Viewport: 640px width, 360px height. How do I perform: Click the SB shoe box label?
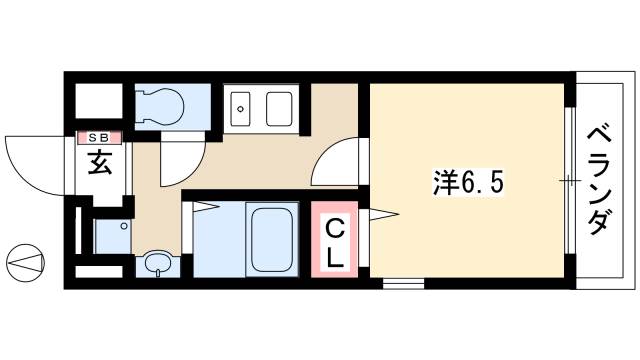click(x=98, y=137)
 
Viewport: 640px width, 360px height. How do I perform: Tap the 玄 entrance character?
click(x=99, y=162)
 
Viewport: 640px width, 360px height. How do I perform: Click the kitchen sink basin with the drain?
click(x=241, y=108)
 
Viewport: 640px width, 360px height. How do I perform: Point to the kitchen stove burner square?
click(x=279, y=108)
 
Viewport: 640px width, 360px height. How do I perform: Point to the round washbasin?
click(x=157, y=264)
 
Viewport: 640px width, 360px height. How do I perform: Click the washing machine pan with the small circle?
click(x=112, y=236)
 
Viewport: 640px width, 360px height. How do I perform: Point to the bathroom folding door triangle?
click(x=205, y=207)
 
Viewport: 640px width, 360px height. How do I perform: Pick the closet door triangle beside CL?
click(x=385, y=212)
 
